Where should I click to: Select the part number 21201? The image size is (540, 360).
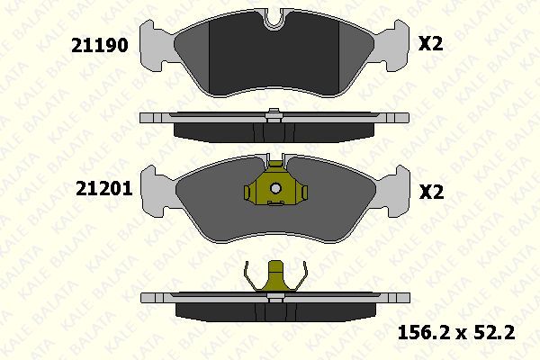tap(99, 191)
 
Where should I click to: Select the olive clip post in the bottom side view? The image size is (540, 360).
tap(274, 276)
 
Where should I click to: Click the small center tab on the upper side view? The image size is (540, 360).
tap(273, 113)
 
